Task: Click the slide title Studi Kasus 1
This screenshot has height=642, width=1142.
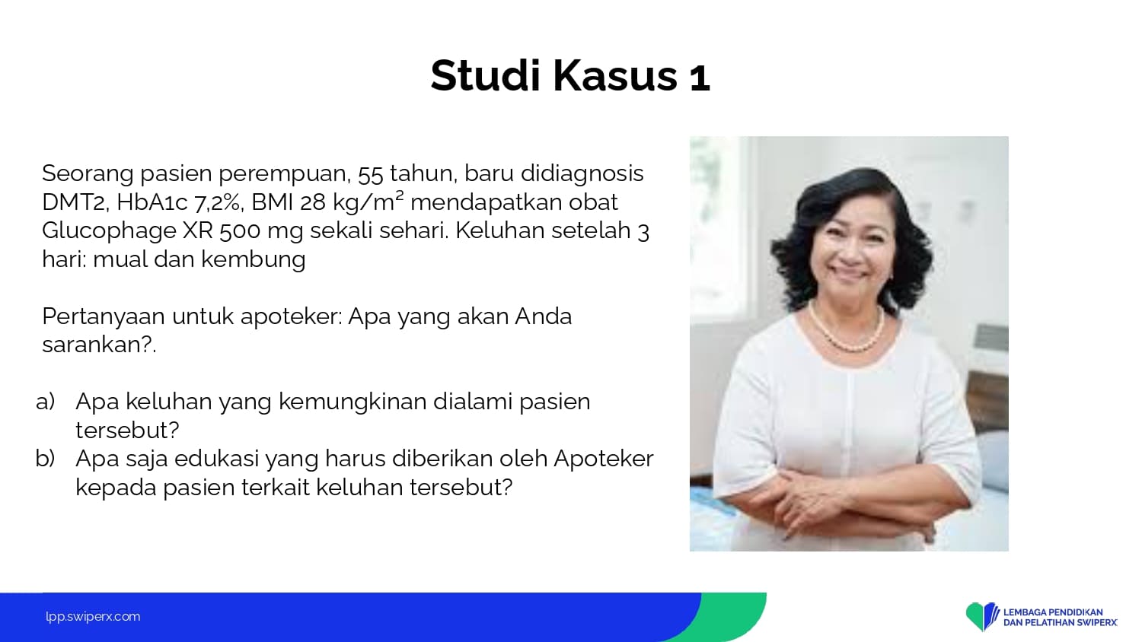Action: pyautogui.click(x=570, y=76)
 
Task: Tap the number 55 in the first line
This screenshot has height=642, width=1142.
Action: pyautogui.click(x=370, y=174)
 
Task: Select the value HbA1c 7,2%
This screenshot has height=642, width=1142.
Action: pyautogui.click(x=177, y=202)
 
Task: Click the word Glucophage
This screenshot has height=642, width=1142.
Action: pyautogui.click(x=109, y=231)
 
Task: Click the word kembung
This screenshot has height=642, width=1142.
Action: pyautogui.click(x=254, y=260)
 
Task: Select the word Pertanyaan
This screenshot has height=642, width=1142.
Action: pyautogui.click(x=104, y=317)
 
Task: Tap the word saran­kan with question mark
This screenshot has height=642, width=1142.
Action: pyautogui.click(x=99, y=345)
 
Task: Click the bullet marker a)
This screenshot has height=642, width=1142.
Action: pyautogui.click(x=46, y=402)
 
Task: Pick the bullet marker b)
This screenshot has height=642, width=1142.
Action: pyautogui.click(x=46, y=458)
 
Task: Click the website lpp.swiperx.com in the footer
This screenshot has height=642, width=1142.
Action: pyautogui.click(x=93, y=617)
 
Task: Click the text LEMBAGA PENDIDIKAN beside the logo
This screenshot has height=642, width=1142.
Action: pyautogui.click(x=1053, y=612)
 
